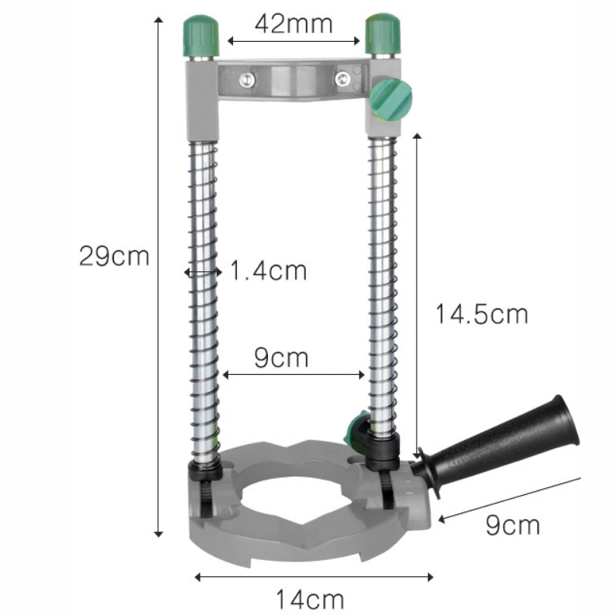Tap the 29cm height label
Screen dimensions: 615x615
(x=114, y=256)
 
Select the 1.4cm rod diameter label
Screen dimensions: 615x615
(x=268, y=271)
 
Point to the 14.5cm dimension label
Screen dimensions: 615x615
(x=482, y=314)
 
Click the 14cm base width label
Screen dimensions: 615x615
(x=310, y=599)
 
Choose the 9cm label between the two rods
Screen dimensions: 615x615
(x=281, y=358)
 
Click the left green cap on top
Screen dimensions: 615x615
(x=201, y=35)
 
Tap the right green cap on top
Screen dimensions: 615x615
(x=382, y=35)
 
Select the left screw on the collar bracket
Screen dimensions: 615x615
(x=247, y=80)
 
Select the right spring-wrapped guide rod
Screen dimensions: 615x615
(x=382, y=292)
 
